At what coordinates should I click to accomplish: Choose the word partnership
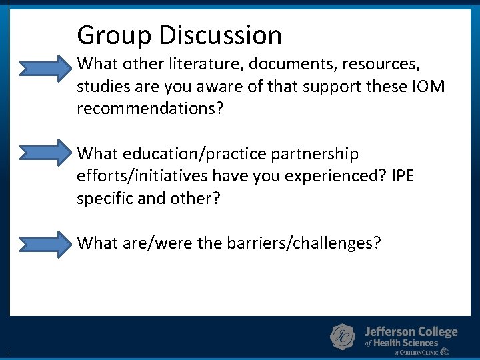tap(315, 154)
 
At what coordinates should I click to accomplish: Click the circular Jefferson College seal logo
tap(343, 337)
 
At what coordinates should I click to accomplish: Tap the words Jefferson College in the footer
tap(411, 331)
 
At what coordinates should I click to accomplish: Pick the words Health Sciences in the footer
tap(405, 343)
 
